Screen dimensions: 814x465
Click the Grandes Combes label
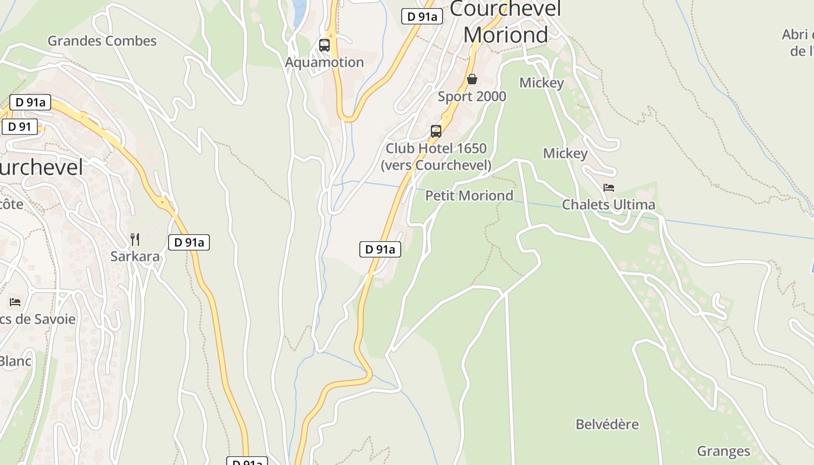[102, 41]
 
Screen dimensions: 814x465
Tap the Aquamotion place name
[324, 62]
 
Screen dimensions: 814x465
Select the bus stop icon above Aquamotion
[324, 45]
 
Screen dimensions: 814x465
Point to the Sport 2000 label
[472, 96]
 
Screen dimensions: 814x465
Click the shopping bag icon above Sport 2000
[472, 79]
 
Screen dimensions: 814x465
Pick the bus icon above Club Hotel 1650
[436, 131]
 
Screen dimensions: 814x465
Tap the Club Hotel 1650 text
[436, 148]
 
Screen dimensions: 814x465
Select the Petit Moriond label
[469, 195]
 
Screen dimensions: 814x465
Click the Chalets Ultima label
[608, 205]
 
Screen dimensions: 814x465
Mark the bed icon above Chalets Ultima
[609, 187]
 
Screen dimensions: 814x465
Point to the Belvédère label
[607, 424]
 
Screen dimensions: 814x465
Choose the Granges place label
[723, 451]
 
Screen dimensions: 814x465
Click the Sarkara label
[135, 256]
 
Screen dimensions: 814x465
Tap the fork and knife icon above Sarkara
[135, 239]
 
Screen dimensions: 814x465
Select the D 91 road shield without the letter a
[20, 127]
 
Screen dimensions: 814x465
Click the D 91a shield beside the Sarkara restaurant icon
[189, 242]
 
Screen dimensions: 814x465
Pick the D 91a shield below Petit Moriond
[380, 249]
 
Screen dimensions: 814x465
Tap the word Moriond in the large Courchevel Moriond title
[506, 35]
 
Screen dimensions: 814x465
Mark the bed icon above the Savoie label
[15, 302]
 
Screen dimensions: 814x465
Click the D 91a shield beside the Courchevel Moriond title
[422, 16]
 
